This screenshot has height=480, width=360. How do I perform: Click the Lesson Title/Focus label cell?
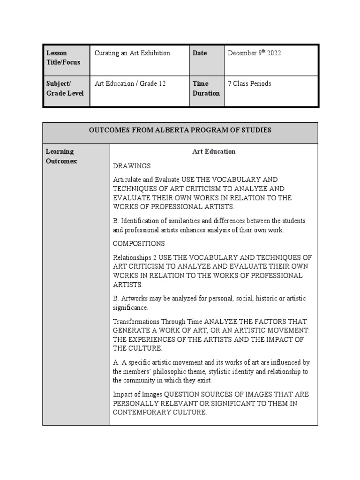click(63, 58)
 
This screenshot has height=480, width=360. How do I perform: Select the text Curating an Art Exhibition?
click(132, 53)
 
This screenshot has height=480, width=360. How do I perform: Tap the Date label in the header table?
click(200, 53)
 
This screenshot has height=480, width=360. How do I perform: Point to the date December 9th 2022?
click(254, 53)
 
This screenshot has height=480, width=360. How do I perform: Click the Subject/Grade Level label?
click(65, 88)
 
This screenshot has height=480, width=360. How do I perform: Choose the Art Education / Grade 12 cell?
click(130, 84)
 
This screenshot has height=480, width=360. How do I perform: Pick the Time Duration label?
click(206, 88)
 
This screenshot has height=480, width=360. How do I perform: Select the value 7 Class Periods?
click(249, 84)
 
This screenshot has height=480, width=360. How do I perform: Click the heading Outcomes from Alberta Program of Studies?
click(180, 130)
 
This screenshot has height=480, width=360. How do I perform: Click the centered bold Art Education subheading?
click(214, 151)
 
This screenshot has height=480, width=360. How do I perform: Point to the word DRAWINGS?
click(132, 165)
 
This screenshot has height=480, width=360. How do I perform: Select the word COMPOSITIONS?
click(139, 243)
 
